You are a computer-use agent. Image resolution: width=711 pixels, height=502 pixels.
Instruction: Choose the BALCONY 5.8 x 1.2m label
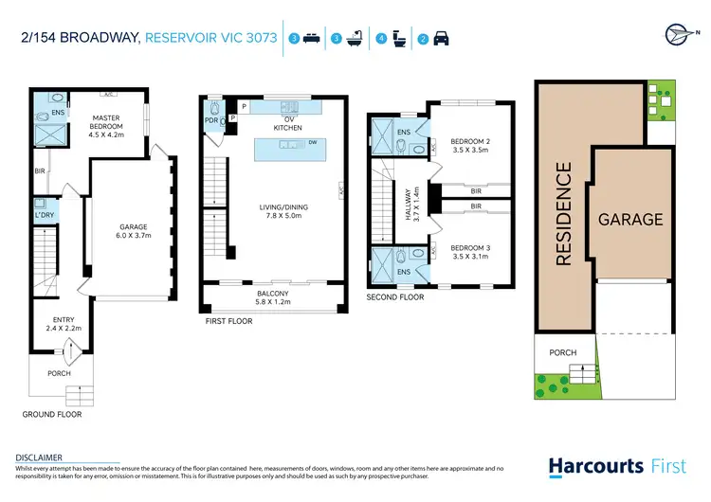tap(272, 297)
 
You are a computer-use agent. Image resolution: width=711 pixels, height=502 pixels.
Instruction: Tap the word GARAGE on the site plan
tap(629, 220)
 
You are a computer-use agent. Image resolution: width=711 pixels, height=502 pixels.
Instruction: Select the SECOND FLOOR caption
tap(394, 297)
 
